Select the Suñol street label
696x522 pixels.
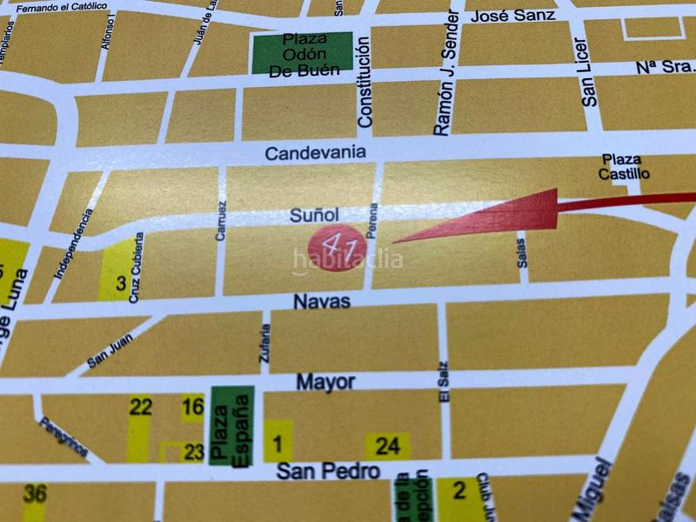coord(314,214)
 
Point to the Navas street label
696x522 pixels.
coord(321,302)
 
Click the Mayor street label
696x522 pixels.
coord(325,382)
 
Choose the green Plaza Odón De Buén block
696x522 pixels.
coord(302,53)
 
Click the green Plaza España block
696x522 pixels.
coord(231,426)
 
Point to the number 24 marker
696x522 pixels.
coord(387,446)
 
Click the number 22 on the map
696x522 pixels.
coord(140,405)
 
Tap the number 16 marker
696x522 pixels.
coord(192,405)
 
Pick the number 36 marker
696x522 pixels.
coord(35,494)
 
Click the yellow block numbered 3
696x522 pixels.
coord(121,283)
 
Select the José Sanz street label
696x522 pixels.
coord(512,17)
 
